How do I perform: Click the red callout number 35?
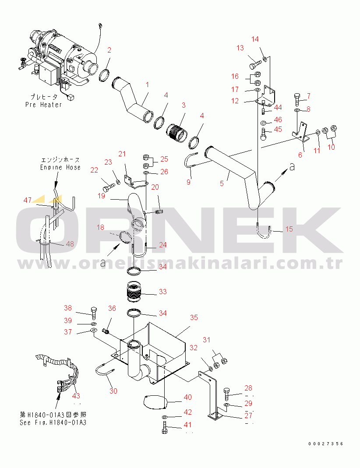[x=194, y=317]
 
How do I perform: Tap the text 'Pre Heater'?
[x=44, y=105]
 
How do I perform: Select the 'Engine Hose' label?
[x=60, y=167]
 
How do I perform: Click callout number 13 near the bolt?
[x=240, y=48]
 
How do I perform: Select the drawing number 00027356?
[x=326, y=444]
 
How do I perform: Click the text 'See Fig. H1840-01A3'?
[x=53, y=422]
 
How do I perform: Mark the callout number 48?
[x=70, y=244]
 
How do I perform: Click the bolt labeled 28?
[x=227, y=394]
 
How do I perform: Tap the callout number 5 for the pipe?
[x=222, y=183]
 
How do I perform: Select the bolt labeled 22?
[x=109, y=187]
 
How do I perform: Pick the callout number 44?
[x=278, y=107]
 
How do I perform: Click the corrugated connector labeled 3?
[x=177, y=133]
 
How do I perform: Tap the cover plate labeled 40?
[x=155, y=401]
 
